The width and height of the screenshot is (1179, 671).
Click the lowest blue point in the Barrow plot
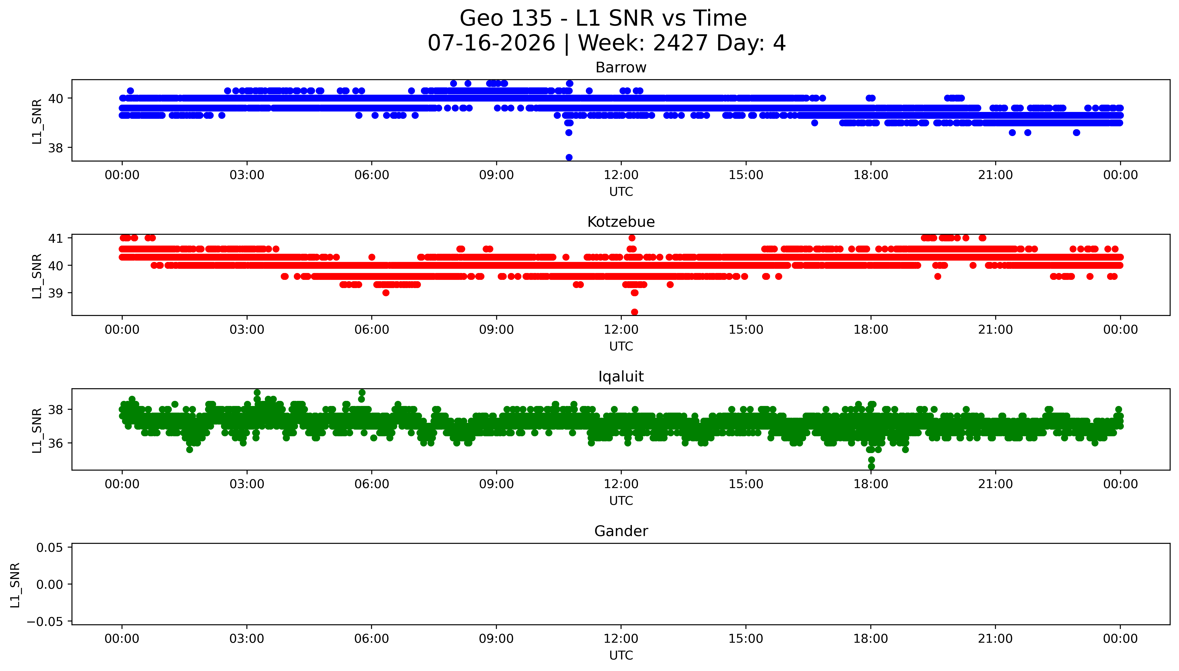[569, 157]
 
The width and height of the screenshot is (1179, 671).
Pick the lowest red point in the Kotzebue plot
[635, 312]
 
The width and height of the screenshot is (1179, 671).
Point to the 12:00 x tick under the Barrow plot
[621, 175]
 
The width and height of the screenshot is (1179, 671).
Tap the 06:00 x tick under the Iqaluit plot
[372, 484]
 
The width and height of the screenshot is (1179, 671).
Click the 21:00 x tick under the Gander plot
[995, 639]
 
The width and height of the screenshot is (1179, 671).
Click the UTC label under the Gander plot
[621, 655]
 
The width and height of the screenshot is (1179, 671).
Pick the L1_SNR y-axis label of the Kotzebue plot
[37, 276]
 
